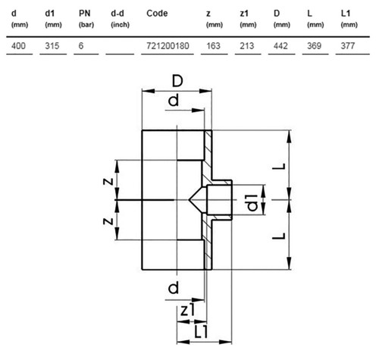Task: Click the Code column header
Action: pyautogui.click(x=157, y=13)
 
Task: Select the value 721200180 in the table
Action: pyautogui.click(x=168, y=45)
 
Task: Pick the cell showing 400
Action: pyautogui.click(x=18, y=45)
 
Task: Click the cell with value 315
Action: pyautogui.click(x=52, y=45)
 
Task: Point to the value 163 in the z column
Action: pyautogui.click(x=214, y=45)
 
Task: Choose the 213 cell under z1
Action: pyautogui.click(x=247, y=45)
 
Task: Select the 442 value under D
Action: pyautogui.click(x=280, y=45)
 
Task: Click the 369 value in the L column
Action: pyautogui.click(x=314, y=45)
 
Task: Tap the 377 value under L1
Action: pyautogui.click(x=348, y=45)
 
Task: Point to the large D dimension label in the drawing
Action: pyautogui.click(x=177, y=81)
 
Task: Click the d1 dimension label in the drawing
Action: pyautogui.click(x=252, y=202)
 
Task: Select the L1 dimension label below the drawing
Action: pyautogui.click(x=201, y=332)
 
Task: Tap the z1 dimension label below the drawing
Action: pyautogui.click(x=188, y=310)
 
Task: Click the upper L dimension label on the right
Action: pyautogui.click(x=279, y=167)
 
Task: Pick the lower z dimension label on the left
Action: pyautogui.click(x=108, y=221)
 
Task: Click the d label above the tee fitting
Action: pyautogui.click(x=174, y=100)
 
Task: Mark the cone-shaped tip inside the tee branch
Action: pyautogui.click(x=195, y=200)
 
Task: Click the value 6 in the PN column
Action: pyautogui.click(x=81, y=45)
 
